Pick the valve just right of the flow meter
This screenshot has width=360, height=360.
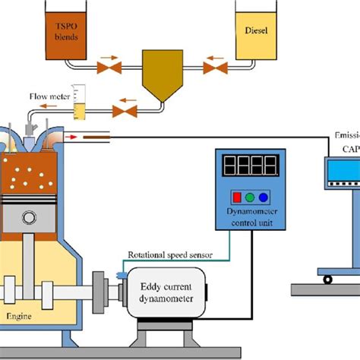(x=124, y=112)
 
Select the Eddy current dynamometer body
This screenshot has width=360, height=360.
(x=169, y=292)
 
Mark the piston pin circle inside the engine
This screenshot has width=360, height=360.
(x=28, y=218)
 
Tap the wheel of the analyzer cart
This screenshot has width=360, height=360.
(x=328, y=279)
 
